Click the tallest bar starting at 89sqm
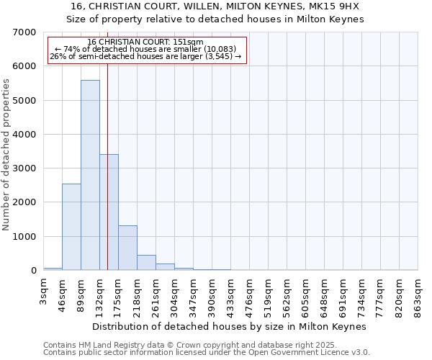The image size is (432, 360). coord(90,175)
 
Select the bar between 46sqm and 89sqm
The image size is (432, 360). coord(71,227)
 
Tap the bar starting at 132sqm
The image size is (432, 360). coord(109,212)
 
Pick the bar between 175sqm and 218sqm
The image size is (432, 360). coord(127,248)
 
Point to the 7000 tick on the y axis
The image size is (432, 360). coord(24,32)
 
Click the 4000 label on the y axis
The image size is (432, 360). coord(24,135)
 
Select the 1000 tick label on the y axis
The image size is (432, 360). coord(24,237)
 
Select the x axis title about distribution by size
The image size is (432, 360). coord(230,326)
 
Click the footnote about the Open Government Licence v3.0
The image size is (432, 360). coord(207,353)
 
